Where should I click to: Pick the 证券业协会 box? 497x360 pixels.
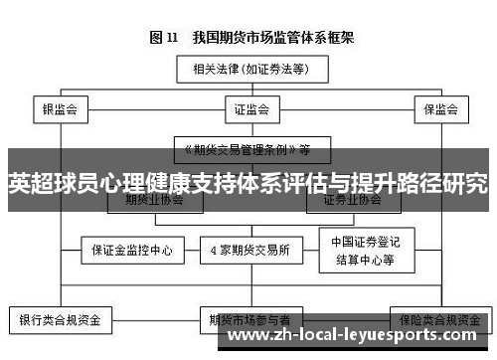click(x=353, y=200)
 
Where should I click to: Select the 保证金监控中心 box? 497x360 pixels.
click(x=132, y=250)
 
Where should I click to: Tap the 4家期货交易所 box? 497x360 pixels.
click(x=250, y=250)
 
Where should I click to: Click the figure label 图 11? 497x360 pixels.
click(x=163, y=39)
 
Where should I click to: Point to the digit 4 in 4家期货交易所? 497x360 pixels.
click(x=215, y=250)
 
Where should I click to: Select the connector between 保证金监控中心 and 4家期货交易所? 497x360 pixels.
click(x=191, y=250)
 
